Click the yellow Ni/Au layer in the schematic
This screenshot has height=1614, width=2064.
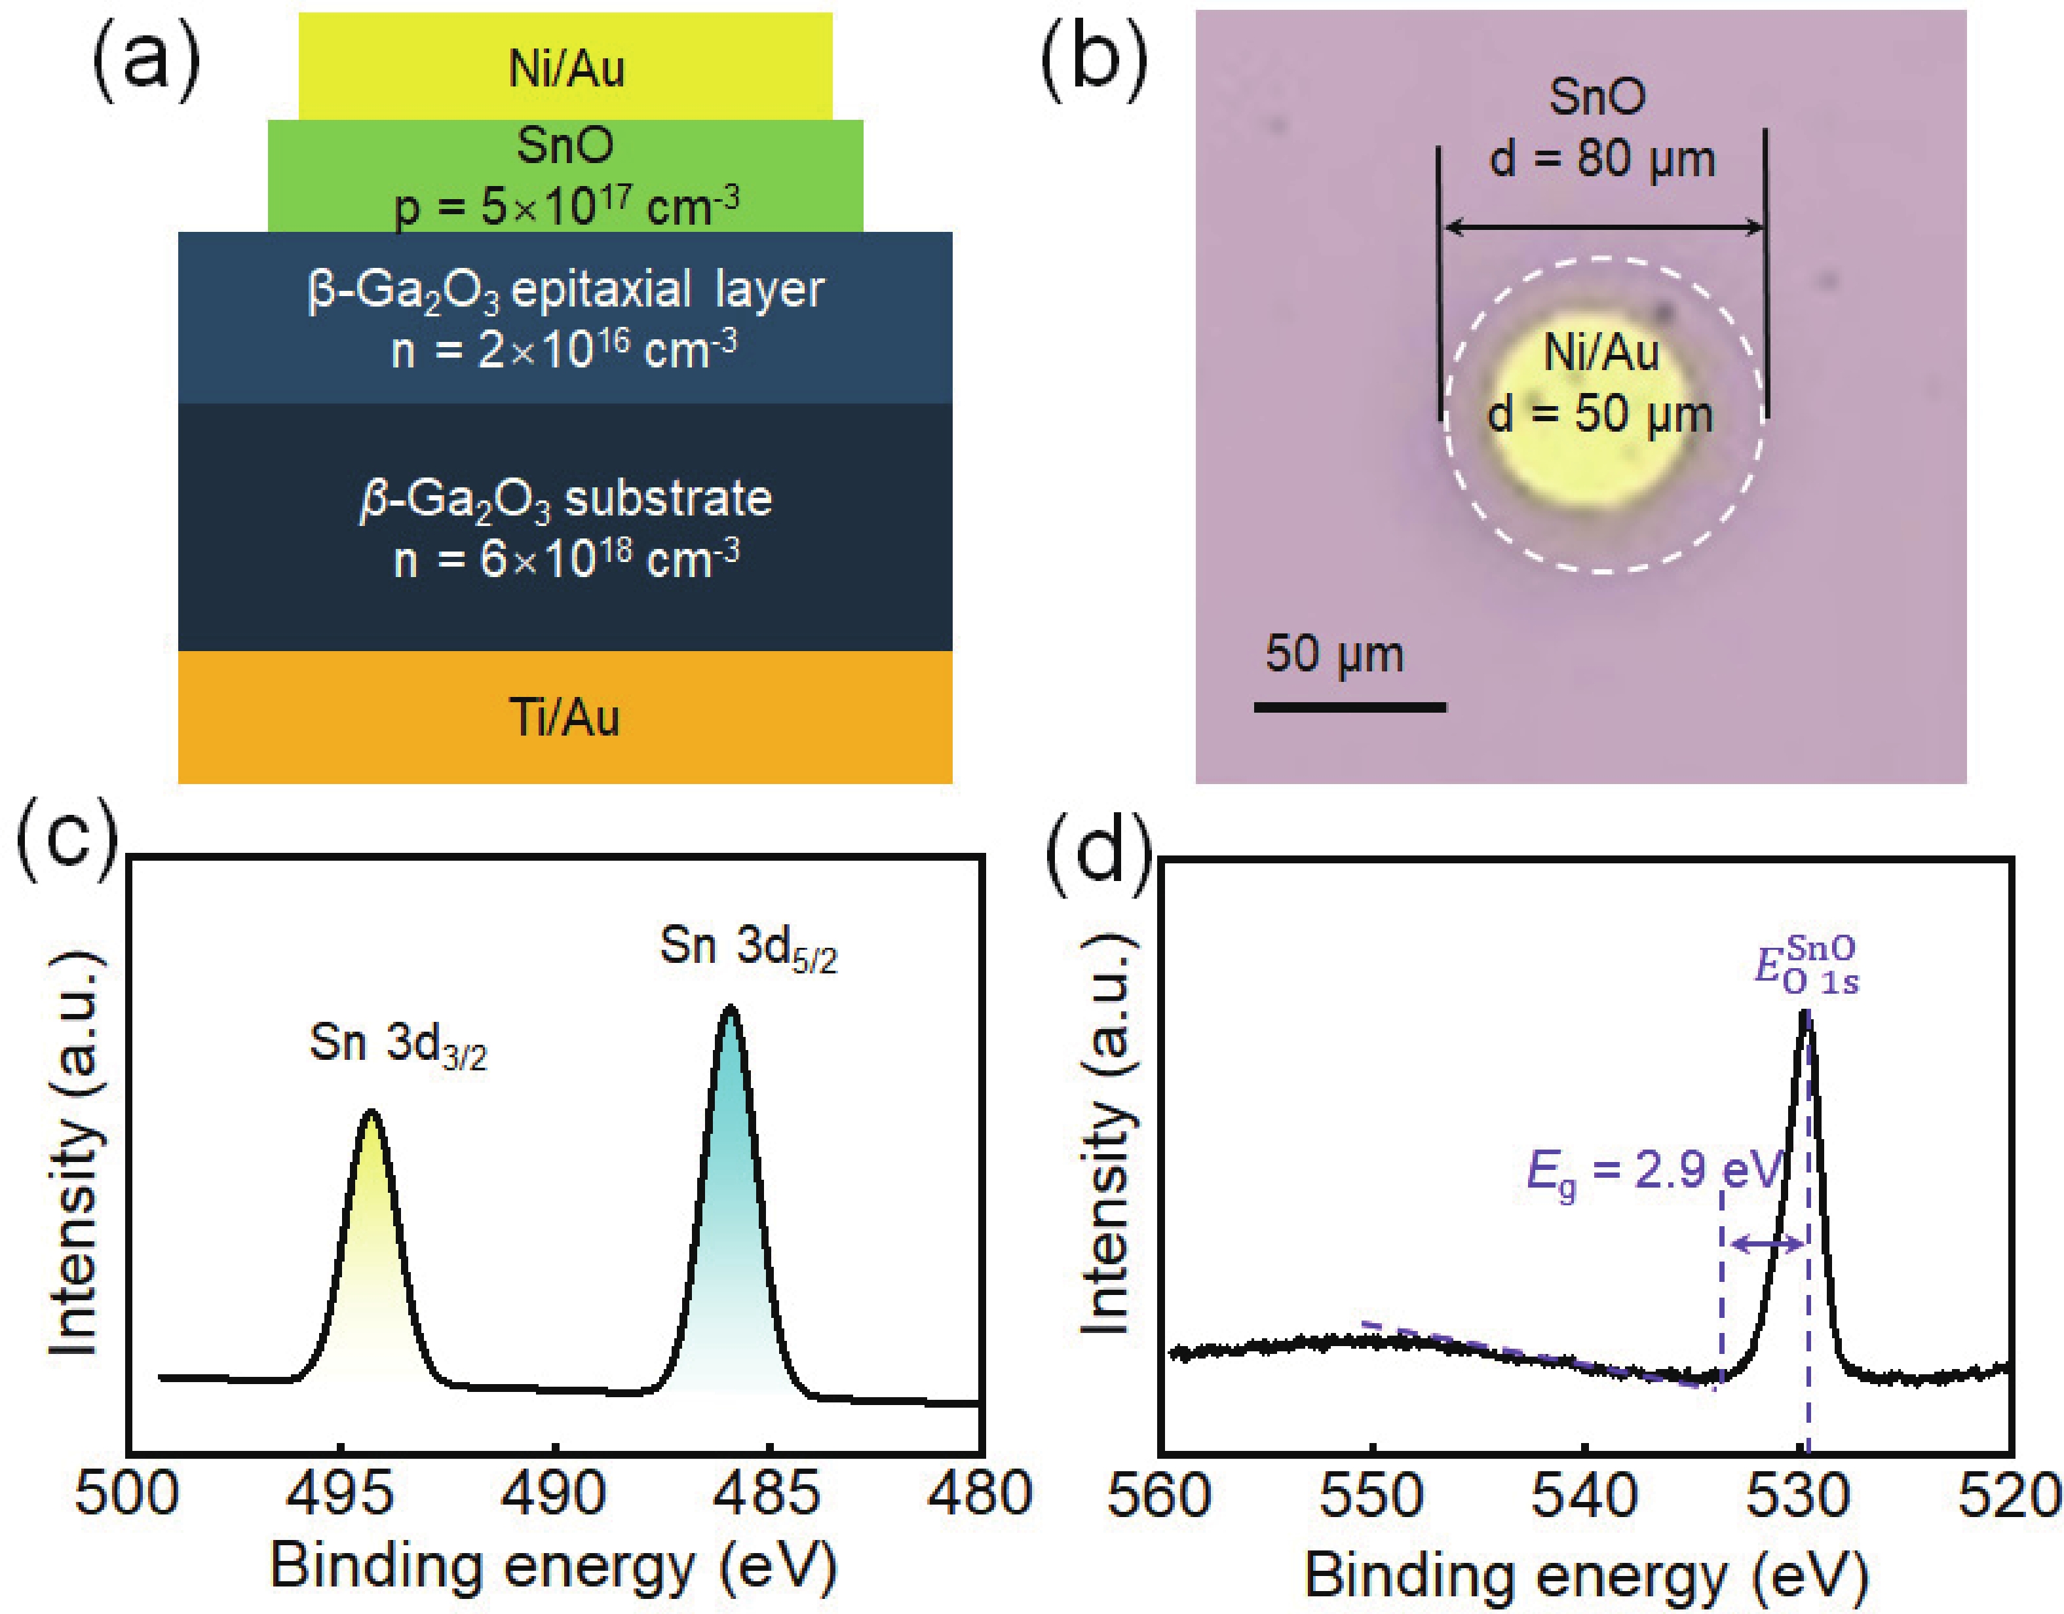565,66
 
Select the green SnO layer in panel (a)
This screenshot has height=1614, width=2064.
565,176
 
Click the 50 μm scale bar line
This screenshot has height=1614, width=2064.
1350,707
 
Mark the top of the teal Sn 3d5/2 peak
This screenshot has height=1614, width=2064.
729,1009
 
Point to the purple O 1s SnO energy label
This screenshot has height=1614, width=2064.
1806,966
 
